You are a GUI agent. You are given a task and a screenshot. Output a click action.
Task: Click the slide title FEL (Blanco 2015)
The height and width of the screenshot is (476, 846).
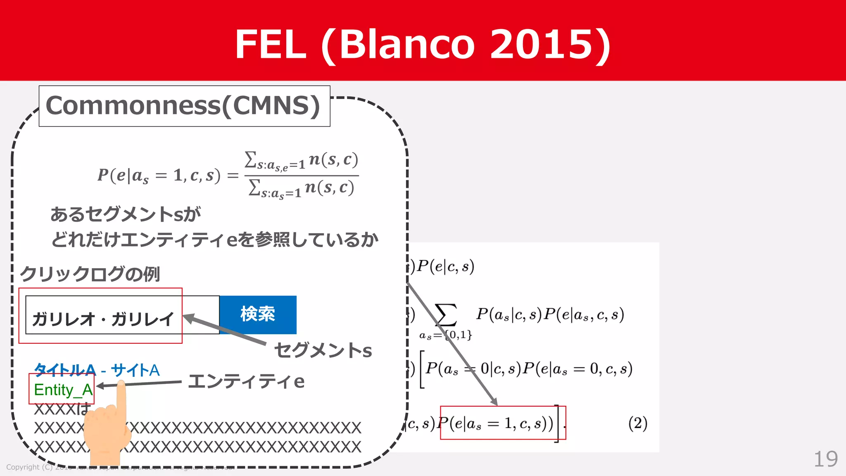coord(422,44)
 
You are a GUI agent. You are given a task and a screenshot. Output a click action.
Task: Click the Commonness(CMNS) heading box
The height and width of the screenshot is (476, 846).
coord(184,106)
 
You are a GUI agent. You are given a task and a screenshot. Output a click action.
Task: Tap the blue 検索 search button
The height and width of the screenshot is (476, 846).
coord(258,314)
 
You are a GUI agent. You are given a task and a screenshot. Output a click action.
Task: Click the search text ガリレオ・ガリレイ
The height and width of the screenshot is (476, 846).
coord(103,319)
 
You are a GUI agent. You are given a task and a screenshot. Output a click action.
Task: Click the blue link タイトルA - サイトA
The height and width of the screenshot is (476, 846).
coord(97,370)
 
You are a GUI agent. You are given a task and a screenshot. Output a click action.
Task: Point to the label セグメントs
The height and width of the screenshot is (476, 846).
coord(323,350)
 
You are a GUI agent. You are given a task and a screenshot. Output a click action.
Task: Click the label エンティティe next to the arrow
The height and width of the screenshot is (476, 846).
coord(246,381)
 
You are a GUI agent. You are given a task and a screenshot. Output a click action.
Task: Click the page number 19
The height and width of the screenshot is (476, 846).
coord(825,459)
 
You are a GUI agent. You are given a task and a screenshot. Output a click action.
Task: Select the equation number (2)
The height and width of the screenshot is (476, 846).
coord(637,423)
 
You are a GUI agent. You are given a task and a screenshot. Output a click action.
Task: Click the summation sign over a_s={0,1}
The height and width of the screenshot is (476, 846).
coord(446,315)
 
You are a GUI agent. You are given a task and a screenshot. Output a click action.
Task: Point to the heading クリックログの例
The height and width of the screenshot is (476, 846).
coord(90,274)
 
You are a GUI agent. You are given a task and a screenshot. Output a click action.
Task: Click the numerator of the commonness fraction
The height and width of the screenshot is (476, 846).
coord(301,161)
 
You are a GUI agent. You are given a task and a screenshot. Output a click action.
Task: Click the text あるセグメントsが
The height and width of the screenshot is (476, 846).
coord(126,214)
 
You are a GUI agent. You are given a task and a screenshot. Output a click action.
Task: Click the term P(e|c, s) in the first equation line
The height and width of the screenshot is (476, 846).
coord(445,267)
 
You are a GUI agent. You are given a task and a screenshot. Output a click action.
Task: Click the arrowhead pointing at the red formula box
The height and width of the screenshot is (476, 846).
coord(494,402)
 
